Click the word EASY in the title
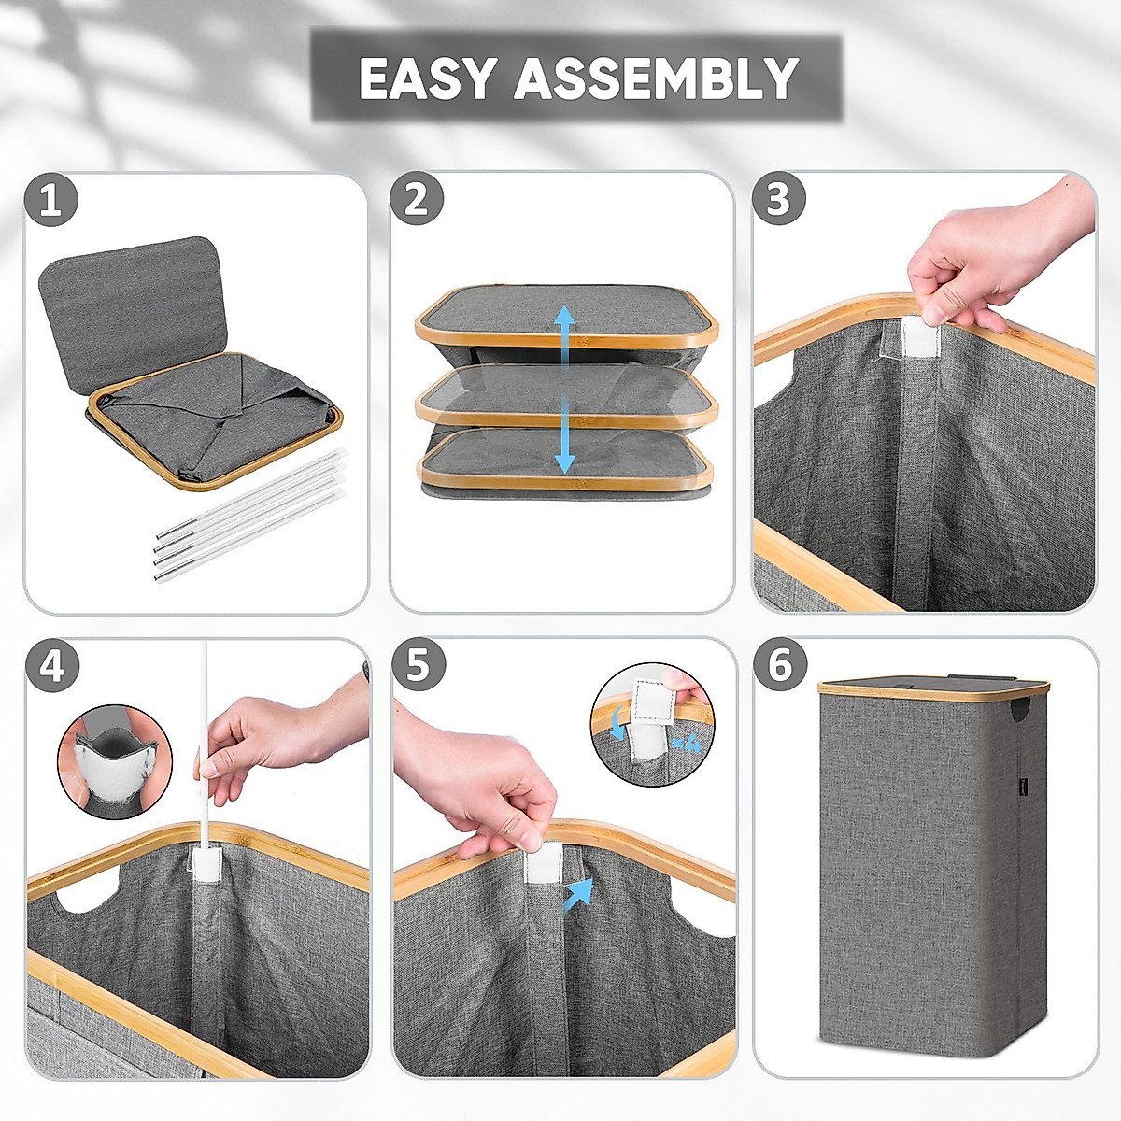click(428, 78)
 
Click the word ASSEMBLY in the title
click(656, 78)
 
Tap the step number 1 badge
click(51, 201)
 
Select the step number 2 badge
click(417, 200)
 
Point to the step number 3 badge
click(779, 198)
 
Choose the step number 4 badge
click(52, 666)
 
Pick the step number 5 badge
click(419, 664)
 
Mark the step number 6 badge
click(780, 664)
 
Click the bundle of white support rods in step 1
click(250, 515)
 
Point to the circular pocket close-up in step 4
click(115, 762)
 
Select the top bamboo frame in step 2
click(566, 318)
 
